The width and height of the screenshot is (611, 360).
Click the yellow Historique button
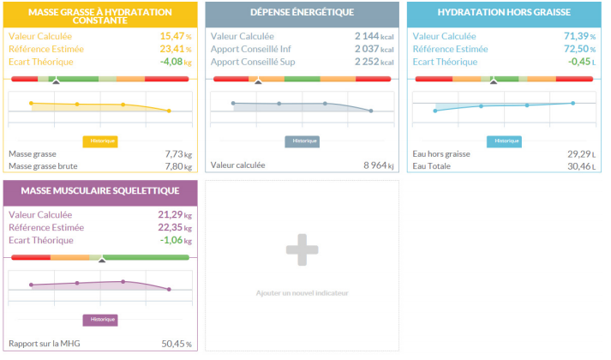point(99,141)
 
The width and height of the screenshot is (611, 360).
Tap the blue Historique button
point(506,141)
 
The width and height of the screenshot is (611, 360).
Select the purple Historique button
point(99,320)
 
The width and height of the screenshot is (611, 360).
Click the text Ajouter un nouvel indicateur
point(302,293)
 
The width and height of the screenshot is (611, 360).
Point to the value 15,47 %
point(175,37)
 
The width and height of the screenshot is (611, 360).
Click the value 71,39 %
point(579,37)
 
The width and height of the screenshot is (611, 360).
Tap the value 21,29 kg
point(175,214)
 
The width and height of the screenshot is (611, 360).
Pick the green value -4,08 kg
point(175,62)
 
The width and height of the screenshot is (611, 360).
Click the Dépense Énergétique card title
point(302,14)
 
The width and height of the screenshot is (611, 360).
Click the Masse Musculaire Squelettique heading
point(99,190)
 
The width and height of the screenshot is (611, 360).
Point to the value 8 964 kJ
point(374,165)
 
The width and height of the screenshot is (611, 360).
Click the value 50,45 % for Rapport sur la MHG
point(177,345)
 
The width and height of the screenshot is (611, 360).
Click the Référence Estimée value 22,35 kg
point(175,227)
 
